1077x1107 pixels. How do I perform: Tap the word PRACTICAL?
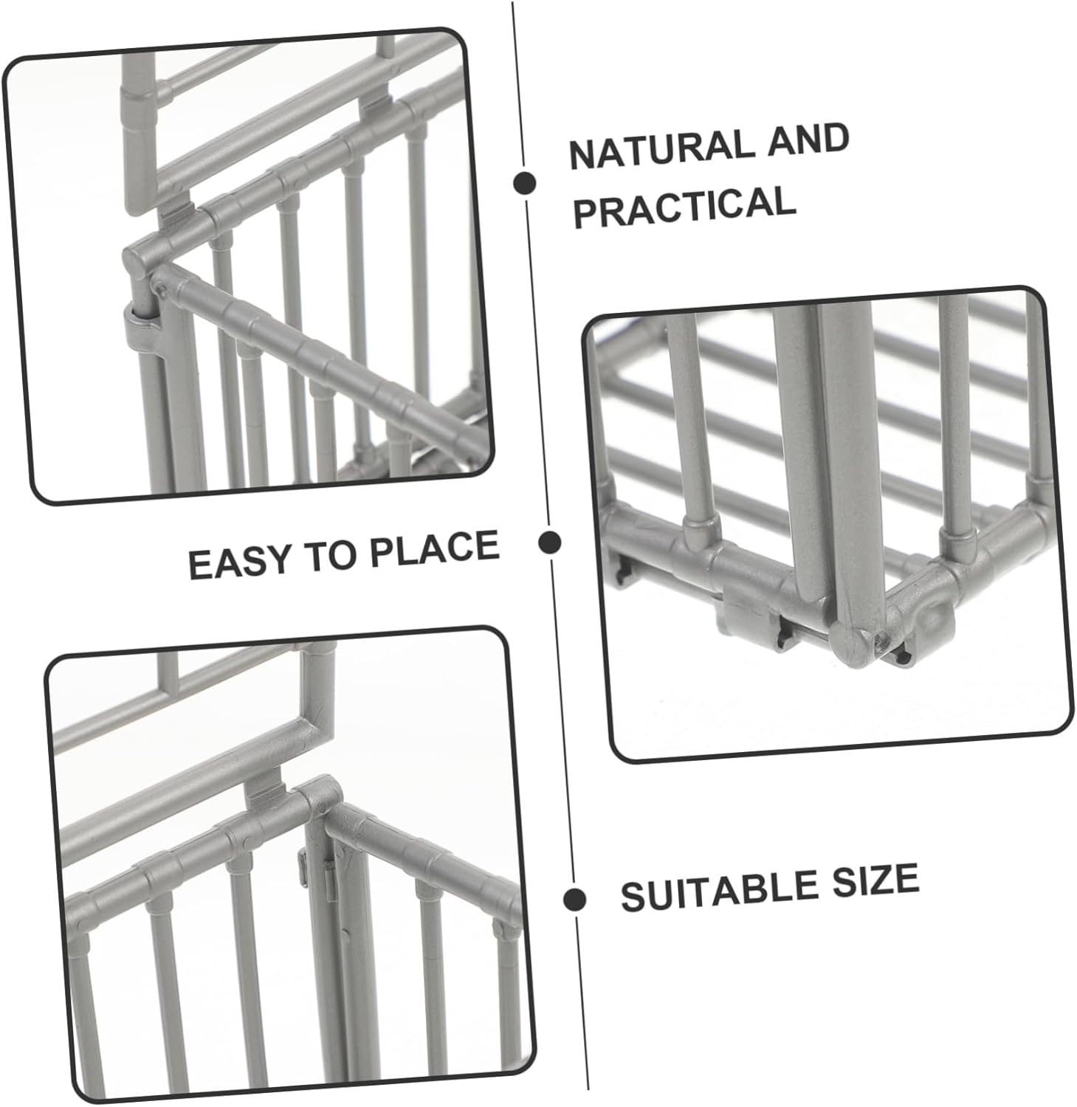coord(684,206)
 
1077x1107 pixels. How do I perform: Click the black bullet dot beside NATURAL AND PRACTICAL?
coord(525,183)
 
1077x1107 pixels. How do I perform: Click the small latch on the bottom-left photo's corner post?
coord(303,863)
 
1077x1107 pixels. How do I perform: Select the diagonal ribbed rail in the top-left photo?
coord(317,362)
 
